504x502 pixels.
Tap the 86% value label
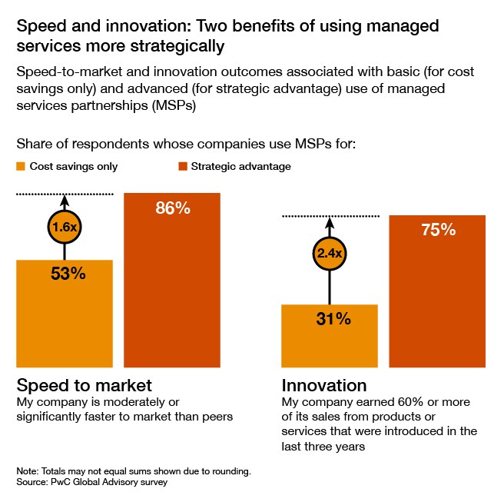coord(172,208)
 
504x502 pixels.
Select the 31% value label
coord(333,318)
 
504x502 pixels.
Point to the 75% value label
coord(439,230)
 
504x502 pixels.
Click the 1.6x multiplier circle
coord(64,228)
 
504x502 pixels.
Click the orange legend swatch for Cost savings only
coord(21,166)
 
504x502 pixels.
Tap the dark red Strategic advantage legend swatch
coord(183,166)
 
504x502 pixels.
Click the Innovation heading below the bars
coord(324,385)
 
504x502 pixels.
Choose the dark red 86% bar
coord(172,292)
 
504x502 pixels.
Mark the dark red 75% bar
coord(438,308)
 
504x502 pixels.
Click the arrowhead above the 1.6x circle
coord(64,201)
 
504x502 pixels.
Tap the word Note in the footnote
coord(26,470)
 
